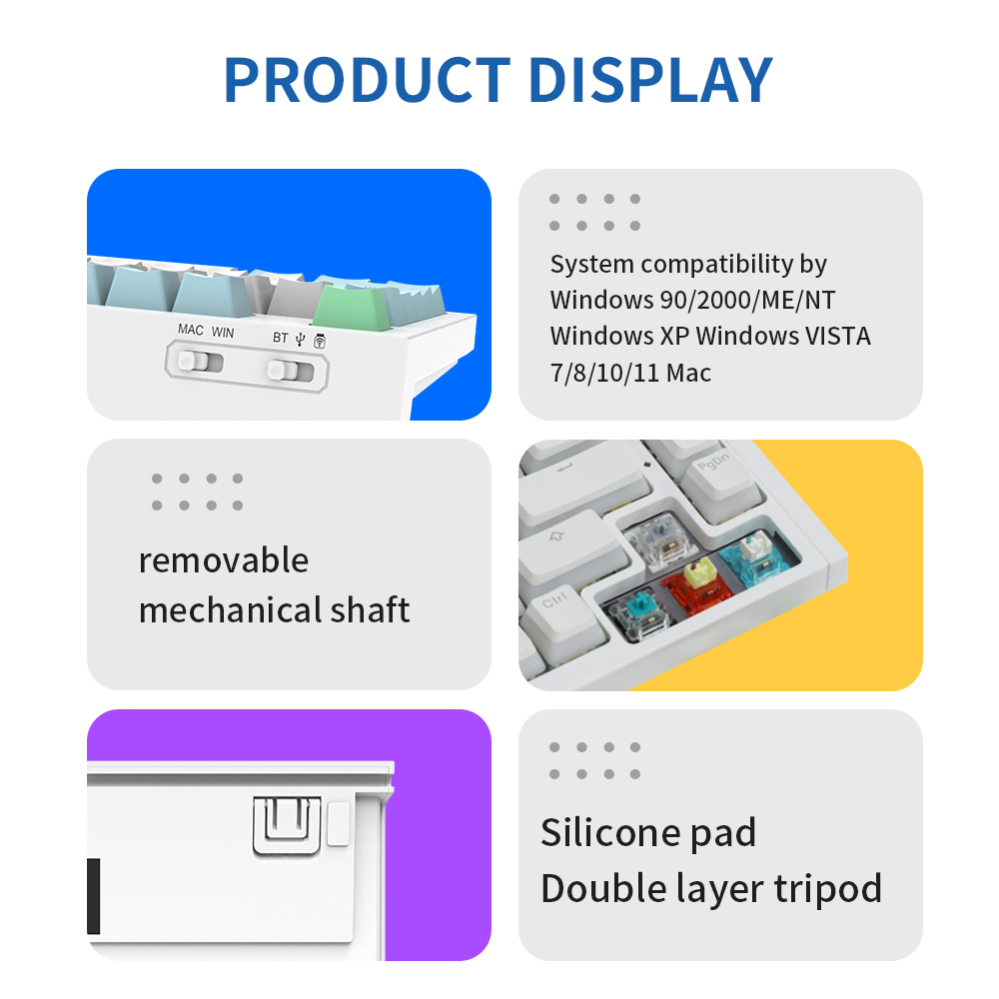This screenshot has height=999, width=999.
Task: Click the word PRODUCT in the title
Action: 367,80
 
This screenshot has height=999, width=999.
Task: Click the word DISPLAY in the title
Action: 651,80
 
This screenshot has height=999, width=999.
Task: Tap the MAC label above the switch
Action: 191,330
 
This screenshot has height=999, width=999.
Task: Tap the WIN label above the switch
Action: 223,332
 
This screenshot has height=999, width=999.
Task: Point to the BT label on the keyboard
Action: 281,337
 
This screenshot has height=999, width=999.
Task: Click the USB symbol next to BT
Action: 301,339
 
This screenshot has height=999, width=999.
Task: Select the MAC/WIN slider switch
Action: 200,362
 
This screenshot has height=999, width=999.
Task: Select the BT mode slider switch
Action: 290,371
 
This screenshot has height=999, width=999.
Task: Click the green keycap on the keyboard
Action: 354,309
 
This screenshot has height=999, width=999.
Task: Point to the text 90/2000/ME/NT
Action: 747,300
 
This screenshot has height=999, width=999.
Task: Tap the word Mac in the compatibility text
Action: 688,373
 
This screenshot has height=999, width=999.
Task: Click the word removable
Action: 224,560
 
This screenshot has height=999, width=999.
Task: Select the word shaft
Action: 371,609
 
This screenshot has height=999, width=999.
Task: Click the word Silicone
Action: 600,832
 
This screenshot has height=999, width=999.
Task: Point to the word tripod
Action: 828,889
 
